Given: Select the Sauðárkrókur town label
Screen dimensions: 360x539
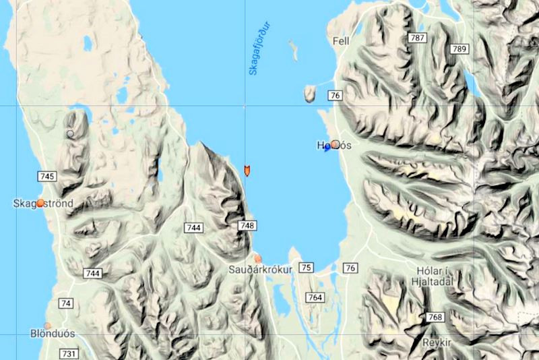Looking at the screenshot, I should [259, 270].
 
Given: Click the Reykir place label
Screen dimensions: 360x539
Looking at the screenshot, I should [435, 342].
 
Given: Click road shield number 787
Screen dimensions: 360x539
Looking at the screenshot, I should [416, 38].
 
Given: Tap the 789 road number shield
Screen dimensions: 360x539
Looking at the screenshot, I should [459, 49].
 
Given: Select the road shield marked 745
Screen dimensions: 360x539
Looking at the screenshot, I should [47, 177].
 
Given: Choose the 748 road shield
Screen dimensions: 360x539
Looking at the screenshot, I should [247, 226].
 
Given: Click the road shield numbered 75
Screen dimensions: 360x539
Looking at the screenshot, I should [306, 268].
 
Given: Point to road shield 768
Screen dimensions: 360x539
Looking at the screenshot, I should [436, 317].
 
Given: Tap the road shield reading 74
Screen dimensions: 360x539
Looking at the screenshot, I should [65, 303].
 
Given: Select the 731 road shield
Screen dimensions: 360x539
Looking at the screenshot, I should [69, 353].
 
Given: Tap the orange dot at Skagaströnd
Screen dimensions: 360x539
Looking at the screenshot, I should [40, 202].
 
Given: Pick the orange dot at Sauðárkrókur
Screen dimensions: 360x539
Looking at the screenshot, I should [257, 258].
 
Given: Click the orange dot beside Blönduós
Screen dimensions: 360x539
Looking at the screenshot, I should [47, 325].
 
